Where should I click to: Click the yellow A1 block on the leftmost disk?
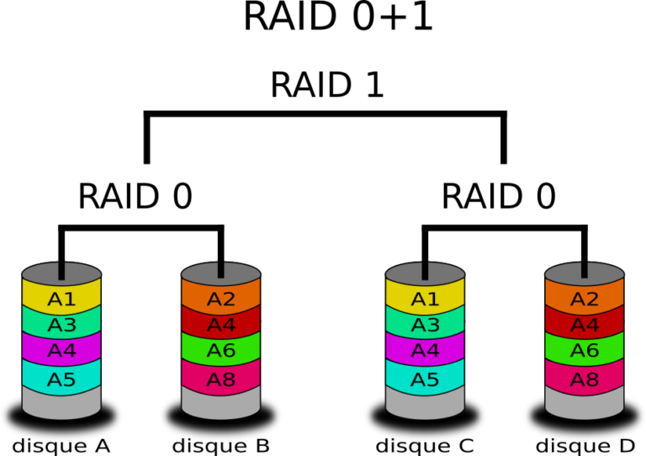point(61,300)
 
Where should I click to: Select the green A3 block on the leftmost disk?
point(61,326)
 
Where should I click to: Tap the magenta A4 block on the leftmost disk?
point(61,351)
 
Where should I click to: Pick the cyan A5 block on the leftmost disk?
point(61,380)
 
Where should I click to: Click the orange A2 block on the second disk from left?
point(221,300)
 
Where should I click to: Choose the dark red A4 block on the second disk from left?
point(221,326)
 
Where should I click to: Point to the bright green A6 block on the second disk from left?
point(221,351)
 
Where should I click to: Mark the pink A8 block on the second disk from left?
point(221,380)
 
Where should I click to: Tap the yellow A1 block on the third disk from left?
point(425,300)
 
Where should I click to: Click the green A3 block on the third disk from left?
point(425,326)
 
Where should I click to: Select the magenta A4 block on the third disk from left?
point(425,351)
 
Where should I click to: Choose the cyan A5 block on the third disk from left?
point(425,380)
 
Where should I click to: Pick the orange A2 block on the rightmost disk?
point(585,300)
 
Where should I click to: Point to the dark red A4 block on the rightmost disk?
point(585,326)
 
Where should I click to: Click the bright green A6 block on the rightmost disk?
point(585,351)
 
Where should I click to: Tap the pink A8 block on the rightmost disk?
point(585,380)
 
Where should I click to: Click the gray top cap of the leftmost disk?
point(42,273)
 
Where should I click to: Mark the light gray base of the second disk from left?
point(221,407)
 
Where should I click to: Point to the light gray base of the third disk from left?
point(425,407)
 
